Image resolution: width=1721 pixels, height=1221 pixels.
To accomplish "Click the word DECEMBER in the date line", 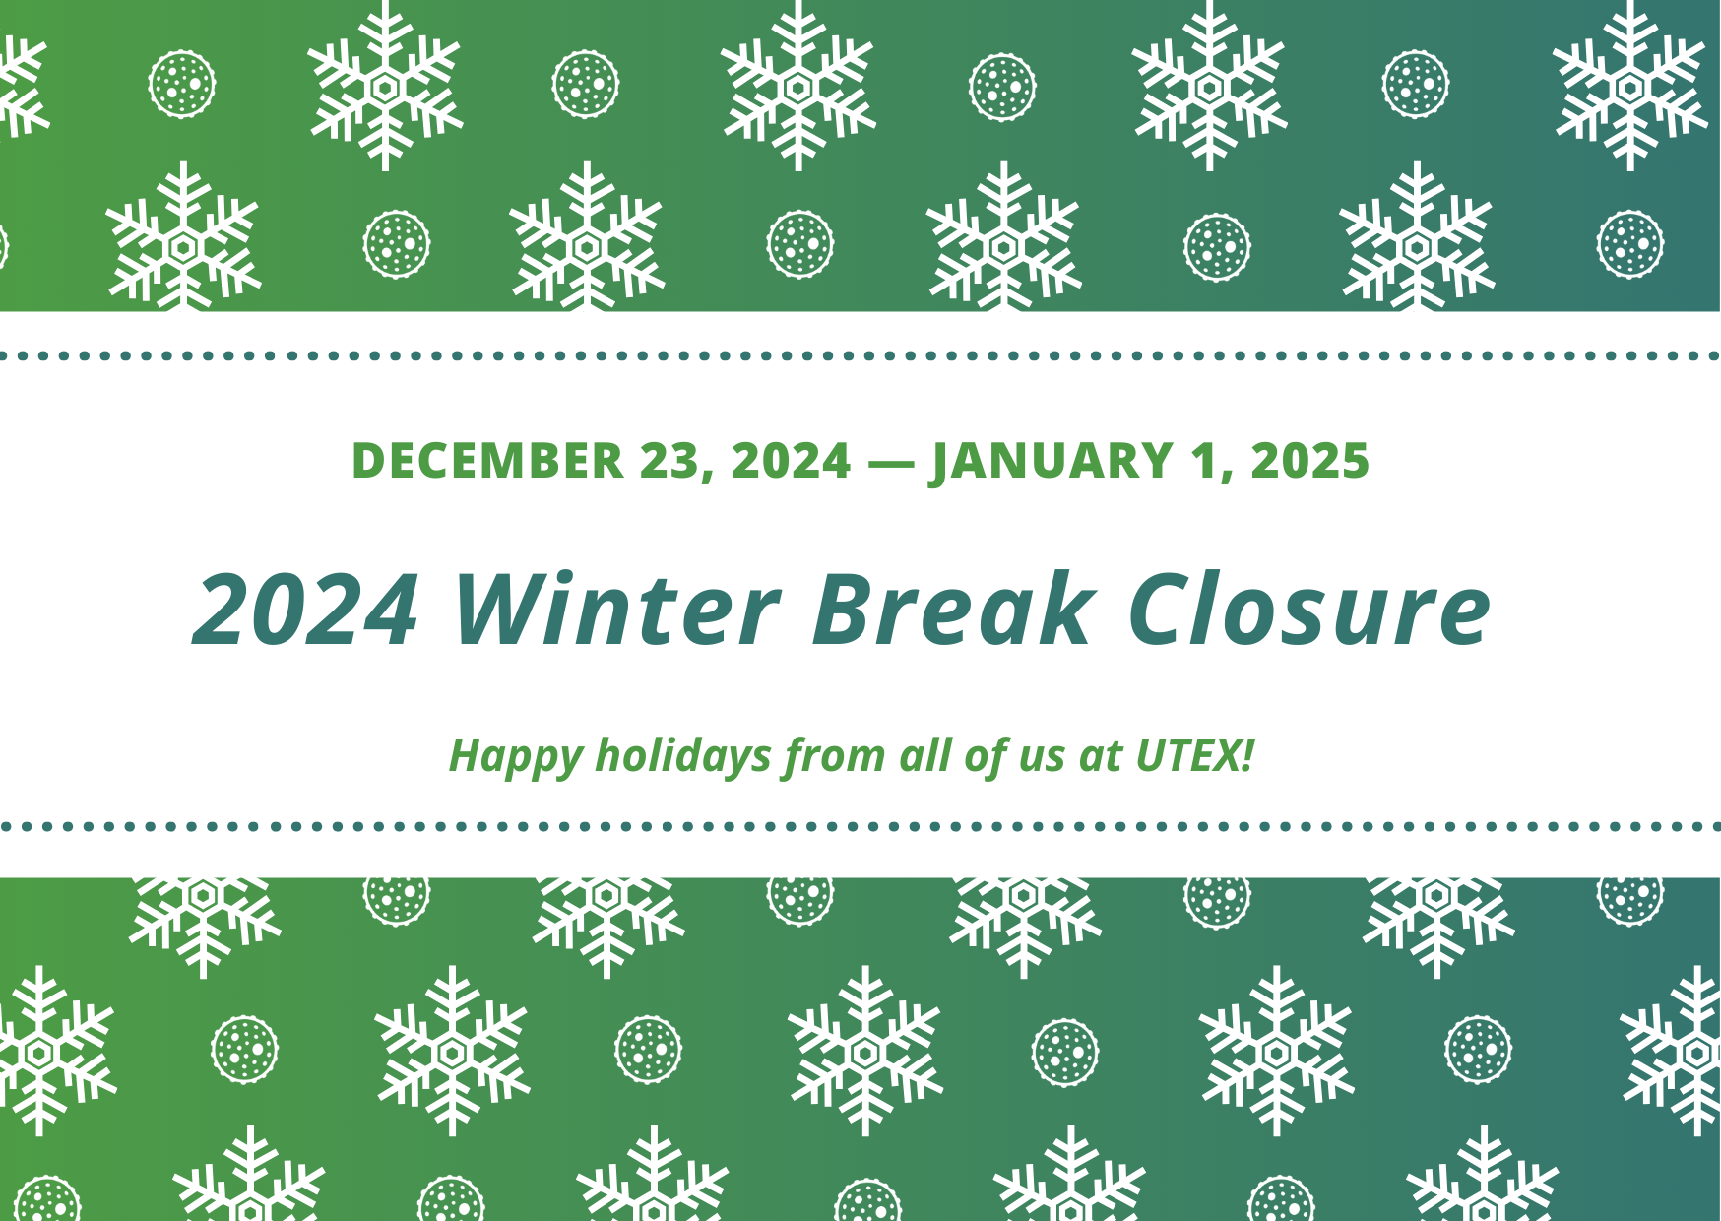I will [x=487, y=461].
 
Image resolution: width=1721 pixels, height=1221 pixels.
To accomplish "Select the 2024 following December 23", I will [x=791, y=461].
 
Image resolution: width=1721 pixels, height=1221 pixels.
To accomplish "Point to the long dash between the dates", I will [x=891, y=461].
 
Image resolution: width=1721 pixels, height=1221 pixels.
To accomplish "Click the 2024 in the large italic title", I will [x=307, y=610].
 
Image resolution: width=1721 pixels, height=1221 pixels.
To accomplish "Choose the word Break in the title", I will [x=952, y=610].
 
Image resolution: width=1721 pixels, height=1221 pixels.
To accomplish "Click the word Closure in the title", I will [x=1309, y=610].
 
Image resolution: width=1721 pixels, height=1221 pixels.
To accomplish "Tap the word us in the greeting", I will [x=1042, y=756].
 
